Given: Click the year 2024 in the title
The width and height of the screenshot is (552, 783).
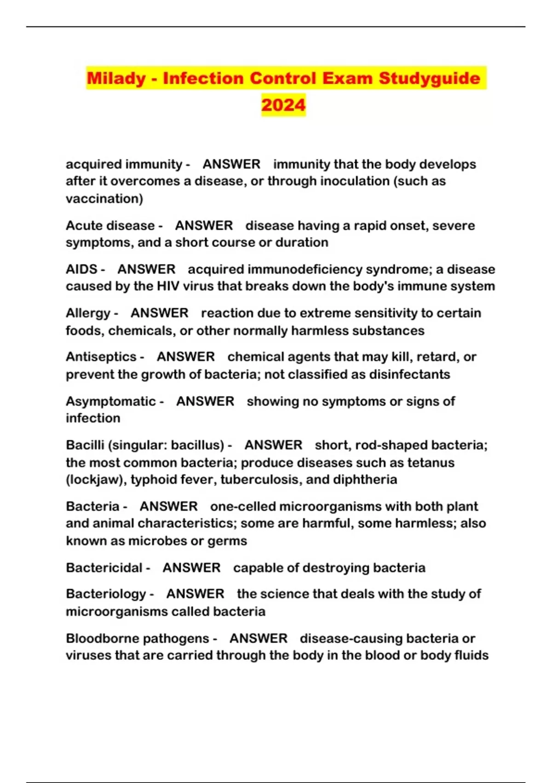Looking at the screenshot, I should [x=283, y=105].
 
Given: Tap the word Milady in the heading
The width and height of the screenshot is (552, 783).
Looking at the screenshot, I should [x=116, y=78].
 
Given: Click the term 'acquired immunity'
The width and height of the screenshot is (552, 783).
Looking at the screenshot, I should [x=124, y=164].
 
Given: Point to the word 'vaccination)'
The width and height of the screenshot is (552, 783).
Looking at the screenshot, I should [x=104, y=199].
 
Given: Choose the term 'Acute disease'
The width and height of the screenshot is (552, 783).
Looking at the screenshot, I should [x=110, y=226].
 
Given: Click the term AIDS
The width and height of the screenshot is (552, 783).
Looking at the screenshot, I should [x=81, y=269].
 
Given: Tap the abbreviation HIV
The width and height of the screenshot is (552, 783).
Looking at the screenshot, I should [x=168, y=286].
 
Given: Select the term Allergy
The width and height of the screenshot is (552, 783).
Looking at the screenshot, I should [x=88, y=313].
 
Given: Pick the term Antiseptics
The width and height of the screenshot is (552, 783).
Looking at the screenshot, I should [x=101, y=357].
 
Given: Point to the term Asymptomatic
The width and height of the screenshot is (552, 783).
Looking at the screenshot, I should [x=111, y=401].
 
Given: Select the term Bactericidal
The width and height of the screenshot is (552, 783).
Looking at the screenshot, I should [x=104, y=568].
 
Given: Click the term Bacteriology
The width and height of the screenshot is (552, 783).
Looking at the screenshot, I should [x=106, y=594].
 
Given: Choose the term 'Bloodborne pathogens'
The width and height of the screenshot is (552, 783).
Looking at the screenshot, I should [x=138, y=639].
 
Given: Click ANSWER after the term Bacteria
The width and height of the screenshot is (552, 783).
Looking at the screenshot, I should [x=169, y=507].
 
